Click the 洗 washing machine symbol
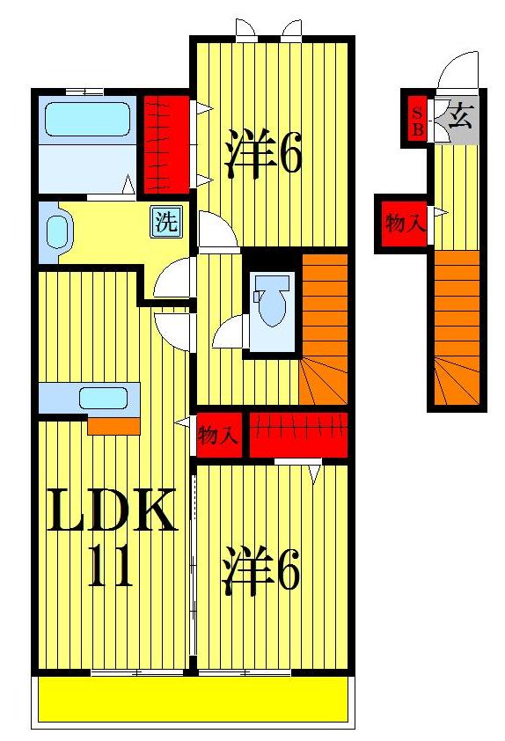click(165, 222)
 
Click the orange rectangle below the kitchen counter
click(113, 426)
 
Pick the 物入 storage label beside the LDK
click(218, 435)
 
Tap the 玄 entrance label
click(459, 116)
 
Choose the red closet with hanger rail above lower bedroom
click(298, 434)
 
